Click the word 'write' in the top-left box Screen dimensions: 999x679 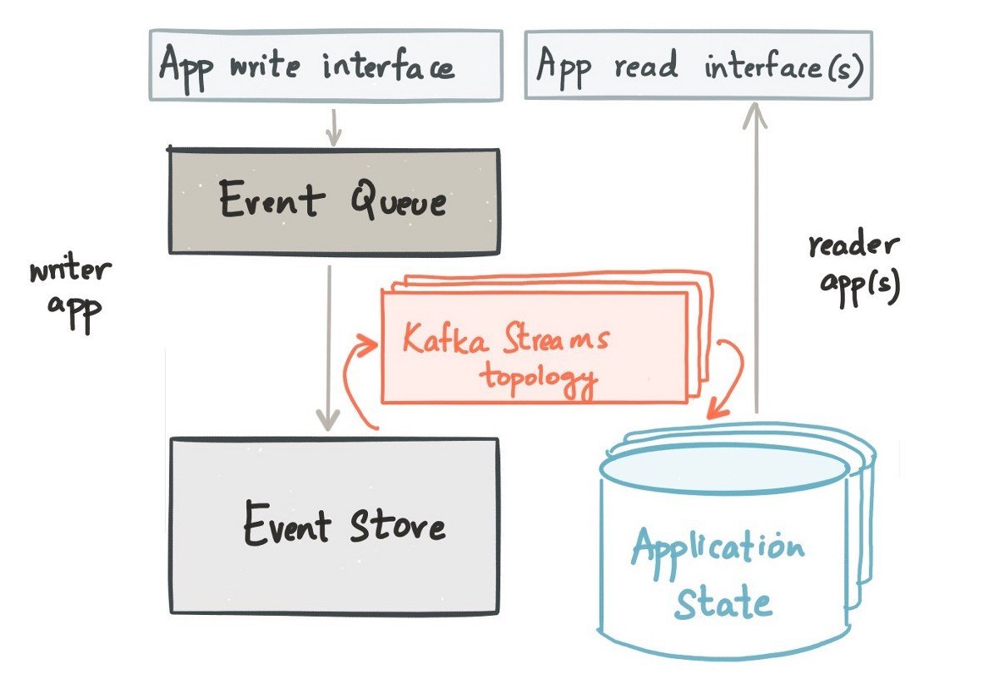[x=265, y=67]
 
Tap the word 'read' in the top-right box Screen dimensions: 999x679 [x=646, y=66]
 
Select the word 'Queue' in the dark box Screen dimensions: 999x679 [x=398, y=199]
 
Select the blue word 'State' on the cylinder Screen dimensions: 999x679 [x=723, y=602]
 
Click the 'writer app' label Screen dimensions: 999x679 [x=72, y=295]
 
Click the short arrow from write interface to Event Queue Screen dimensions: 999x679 [x=333, y=127]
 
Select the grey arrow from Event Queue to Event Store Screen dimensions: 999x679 [x=329, y=348]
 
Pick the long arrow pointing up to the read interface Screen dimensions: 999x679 [x=756, y=258]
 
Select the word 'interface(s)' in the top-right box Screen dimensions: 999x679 [x=783, y=67]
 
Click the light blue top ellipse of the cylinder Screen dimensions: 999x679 [x=724, y=469]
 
